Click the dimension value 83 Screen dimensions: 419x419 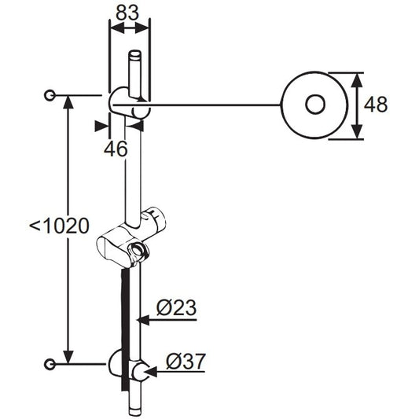(127, 13)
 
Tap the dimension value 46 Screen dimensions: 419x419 (116, 149)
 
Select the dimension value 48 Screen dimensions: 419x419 (376, 105)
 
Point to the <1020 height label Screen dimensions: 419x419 (59, 226)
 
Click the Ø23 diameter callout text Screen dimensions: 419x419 (176, 307)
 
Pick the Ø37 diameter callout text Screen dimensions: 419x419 (186, 362)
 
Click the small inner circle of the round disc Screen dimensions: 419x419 (315, 105)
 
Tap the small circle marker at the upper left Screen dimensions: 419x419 (50, 95)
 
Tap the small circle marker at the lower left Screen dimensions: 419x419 (50, 365)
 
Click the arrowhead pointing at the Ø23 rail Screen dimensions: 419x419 (143, 320)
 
